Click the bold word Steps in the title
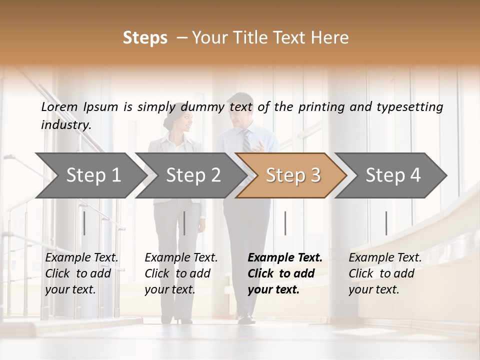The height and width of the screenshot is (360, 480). (x=145, y=38)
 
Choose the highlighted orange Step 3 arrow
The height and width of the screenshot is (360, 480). (x=292, y=175)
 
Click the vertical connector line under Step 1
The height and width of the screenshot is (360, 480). (x=84, y=223)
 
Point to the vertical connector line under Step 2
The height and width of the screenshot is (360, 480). (x=184, y=223)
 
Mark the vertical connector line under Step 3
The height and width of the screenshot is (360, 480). (x=285, y=223)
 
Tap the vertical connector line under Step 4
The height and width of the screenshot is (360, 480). (x=386, y=223)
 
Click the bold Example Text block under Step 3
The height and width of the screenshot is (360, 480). (x=285, y=273)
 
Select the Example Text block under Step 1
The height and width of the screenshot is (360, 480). (x=81, y=273)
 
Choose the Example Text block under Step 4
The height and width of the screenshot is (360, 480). (x=385, y=273)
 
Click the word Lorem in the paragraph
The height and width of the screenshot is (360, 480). (x=59, y=106)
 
